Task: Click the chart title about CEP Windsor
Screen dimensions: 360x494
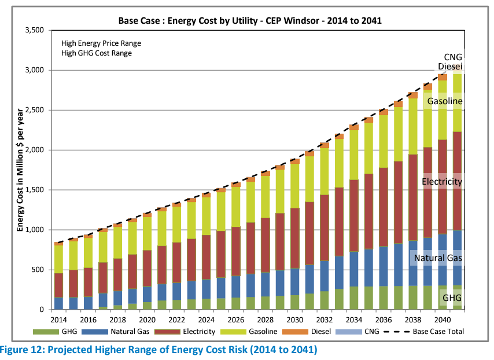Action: point(250,20)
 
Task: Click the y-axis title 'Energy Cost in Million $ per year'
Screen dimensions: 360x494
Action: point(20,169)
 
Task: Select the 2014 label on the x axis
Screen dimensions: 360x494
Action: point(58,319)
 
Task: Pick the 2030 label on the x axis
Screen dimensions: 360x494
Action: point(296,319)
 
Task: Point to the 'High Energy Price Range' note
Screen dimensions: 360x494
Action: point(101,43)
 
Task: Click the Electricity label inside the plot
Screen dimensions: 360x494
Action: point(442,182)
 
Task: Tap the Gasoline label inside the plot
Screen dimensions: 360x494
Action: point(444,101)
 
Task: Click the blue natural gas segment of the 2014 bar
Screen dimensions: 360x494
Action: point(58,303)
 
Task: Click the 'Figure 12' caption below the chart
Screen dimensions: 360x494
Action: point(158,350)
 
